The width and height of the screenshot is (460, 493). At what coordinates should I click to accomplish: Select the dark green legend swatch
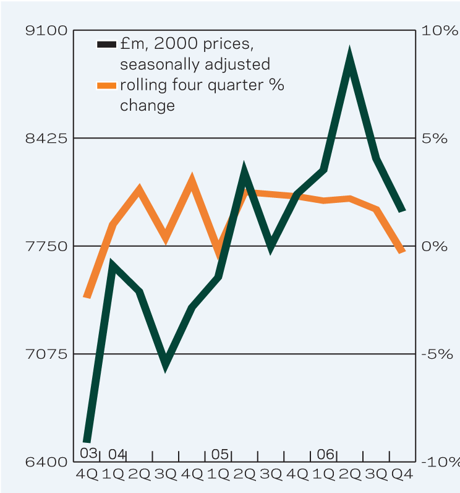tap(107, 45)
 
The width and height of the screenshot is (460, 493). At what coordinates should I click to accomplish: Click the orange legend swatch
tap(107, 85)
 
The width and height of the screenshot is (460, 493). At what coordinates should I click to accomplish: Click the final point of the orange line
tap(402, 250)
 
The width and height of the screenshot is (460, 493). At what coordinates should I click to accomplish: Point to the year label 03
tap(88, 454)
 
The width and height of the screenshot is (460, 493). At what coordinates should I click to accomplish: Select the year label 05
tap(220, 454)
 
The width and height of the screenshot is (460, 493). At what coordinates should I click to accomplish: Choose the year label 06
tap(325, 454)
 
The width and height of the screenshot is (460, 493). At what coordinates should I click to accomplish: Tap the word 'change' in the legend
tap(148, 106)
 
